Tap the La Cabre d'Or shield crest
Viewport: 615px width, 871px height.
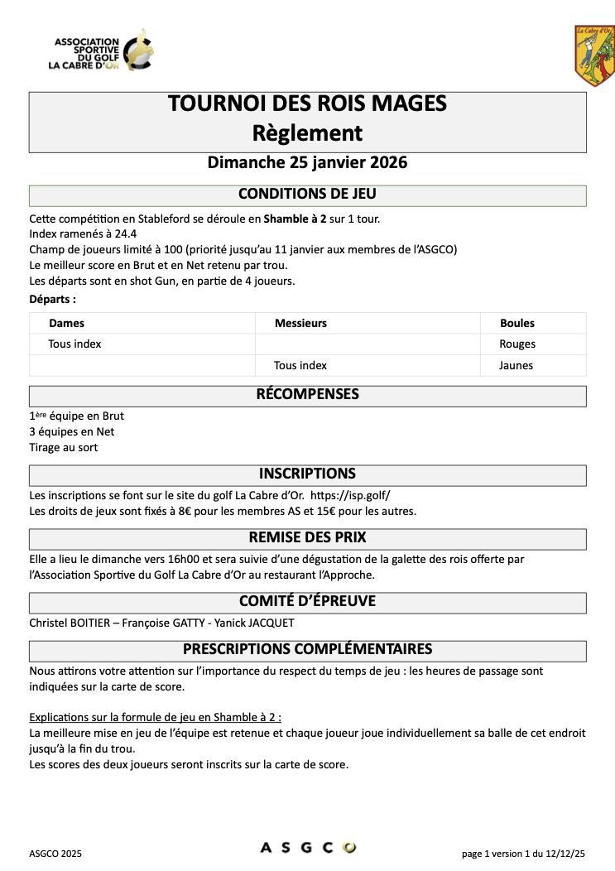point(594,55)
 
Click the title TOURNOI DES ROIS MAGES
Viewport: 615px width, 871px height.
point(307,103)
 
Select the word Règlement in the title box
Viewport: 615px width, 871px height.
point(307,132)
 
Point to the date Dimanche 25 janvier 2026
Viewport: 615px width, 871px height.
point(307,162)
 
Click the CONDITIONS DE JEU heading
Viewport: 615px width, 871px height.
point(307,195)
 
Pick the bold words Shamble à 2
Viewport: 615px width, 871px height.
point(295,219)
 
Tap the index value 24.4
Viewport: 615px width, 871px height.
point(124,234)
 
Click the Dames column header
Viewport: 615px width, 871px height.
point(66,323)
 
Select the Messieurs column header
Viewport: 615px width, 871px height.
point(300,323)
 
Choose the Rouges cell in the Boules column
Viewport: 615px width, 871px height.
point(517,344)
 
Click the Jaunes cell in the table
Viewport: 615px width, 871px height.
point(517,365)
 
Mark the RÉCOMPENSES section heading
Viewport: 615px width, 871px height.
point(307,395)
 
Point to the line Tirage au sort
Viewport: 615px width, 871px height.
point(63,448)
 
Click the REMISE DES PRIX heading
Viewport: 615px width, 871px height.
point(307,537)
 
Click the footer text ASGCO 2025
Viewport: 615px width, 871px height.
point(55,853)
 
